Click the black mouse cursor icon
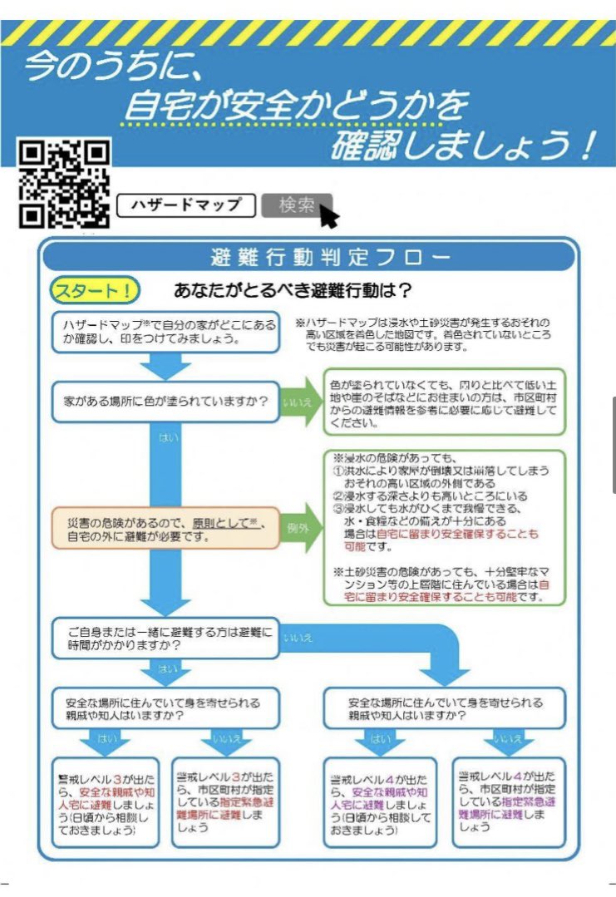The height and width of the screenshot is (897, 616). pyautogui.click(x=328, y=215)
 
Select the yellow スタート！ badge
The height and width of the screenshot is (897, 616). pyautogui.click(x=95, y=290)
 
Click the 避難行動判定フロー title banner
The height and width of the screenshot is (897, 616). pyautogui.click(x=308, y=257)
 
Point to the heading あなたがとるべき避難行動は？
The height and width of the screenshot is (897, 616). pyautogui.click(x=293, y=291)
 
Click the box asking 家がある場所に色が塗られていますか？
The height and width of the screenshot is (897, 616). pyautogui.click(x=165, y=402)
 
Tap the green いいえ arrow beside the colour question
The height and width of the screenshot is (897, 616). pyautogui.click(x=301, y=402)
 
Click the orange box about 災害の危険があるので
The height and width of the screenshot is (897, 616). pyautogui.click(x=165, y=527)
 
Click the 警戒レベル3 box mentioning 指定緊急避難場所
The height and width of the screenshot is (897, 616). pyautogui.click(x=225, y=801)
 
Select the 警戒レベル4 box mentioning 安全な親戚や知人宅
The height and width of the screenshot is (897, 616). pyautogui.click(x=379, y=801)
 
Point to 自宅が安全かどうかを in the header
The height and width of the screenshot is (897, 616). pyautogui.click(x=295, y=106)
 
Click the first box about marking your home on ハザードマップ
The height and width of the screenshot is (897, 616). pyautogui.click(x=165, y=332)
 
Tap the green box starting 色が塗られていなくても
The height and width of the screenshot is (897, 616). pyautogui.click(x=444, y=402)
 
